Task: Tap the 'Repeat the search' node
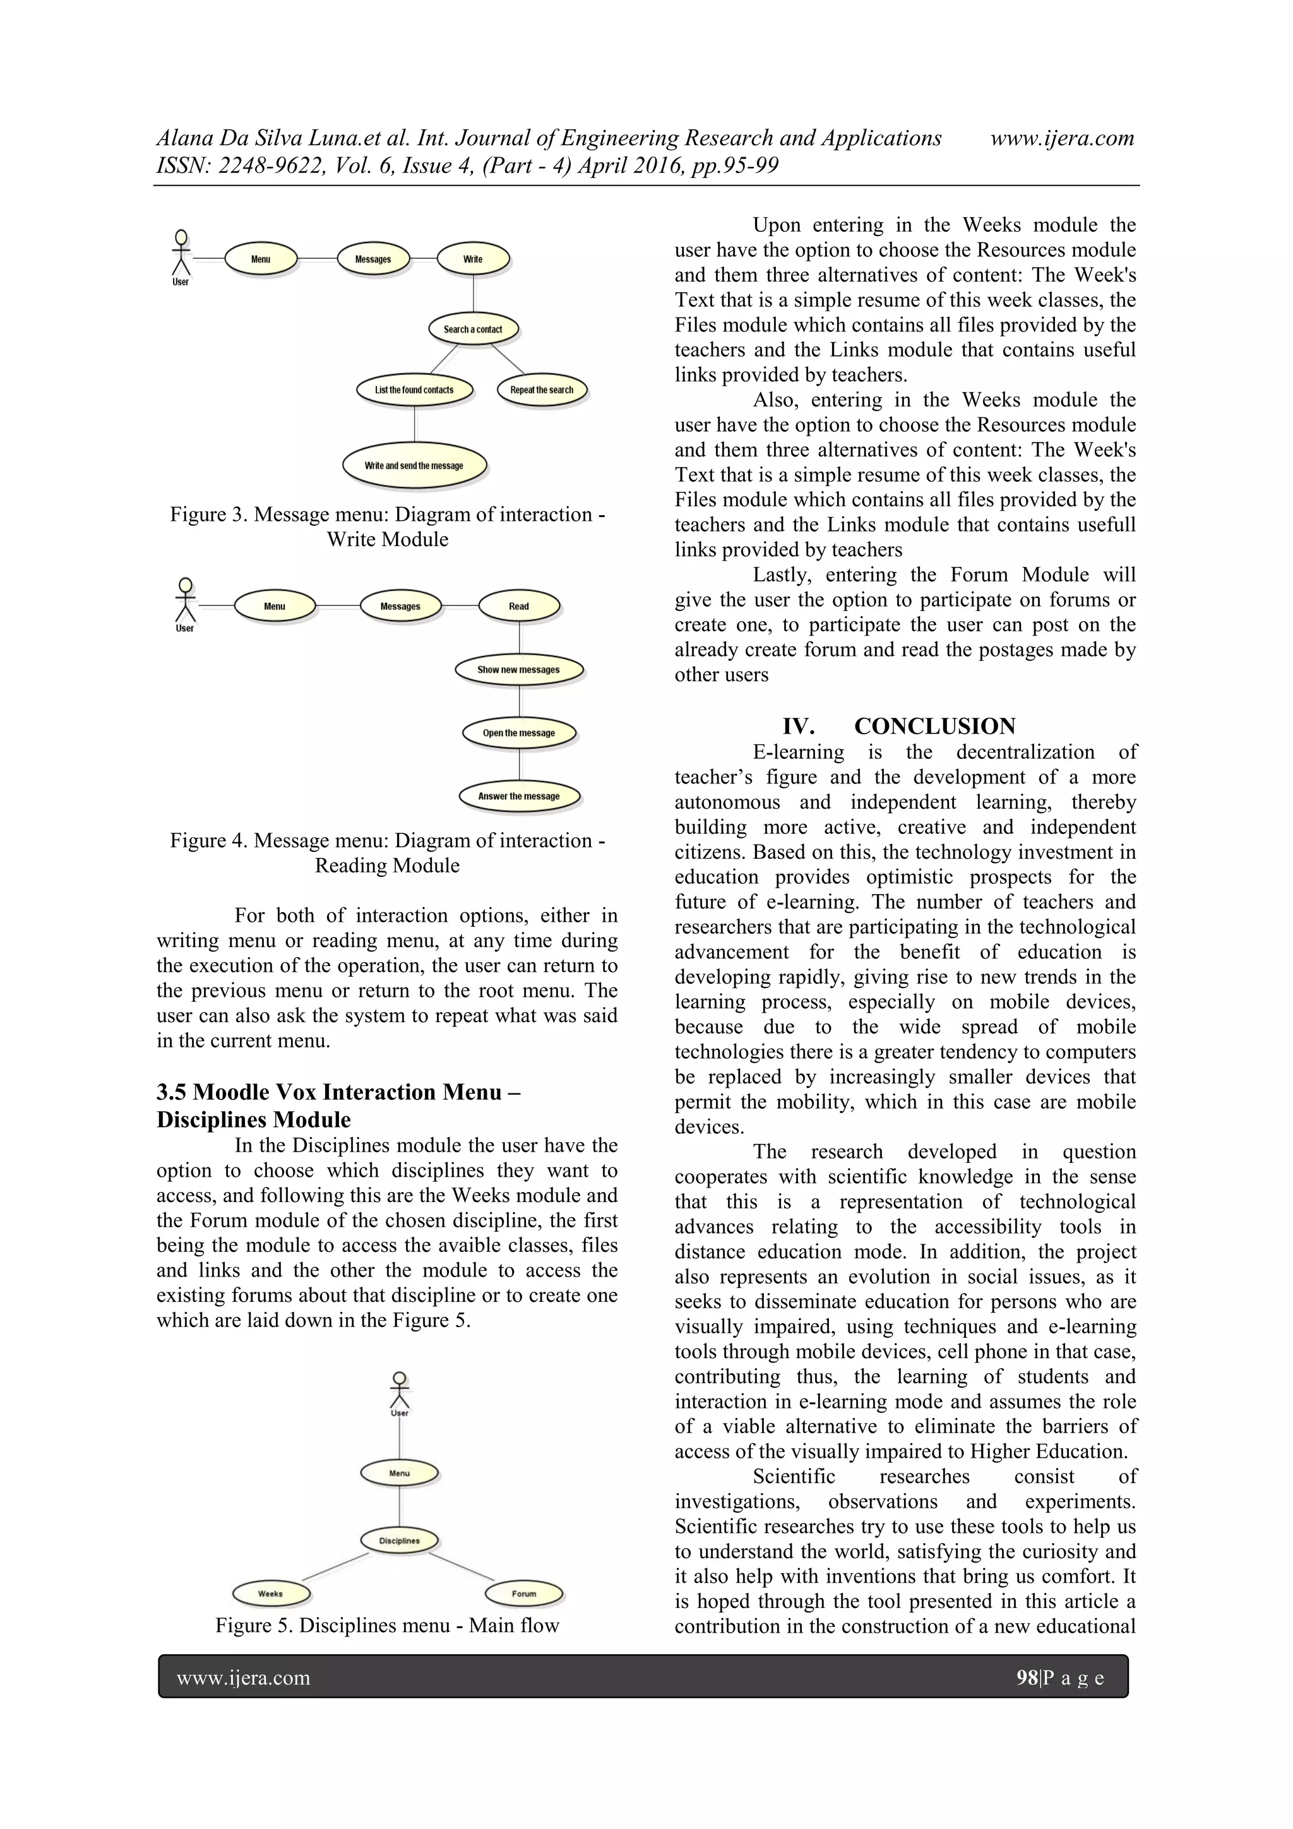click(x=541, y=390)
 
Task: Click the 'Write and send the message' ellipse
click(x=414, y=466)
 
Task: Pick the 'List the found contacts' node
click(x=414, y=390)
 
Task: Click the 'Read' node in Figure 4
click(x=518, y=606)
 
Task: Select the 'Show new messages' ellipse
click(x=518, y=670)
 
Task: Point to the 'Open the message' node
click(x=518, y=733)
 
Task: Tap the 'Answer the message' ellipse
click(x=518, y=795)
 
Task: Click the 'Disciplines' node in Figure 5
click(x=399, y=1540)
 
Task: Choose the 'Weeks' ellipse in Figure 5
click(x=270, y=1594)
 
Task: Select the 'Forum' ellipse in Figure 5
click(x=523, y=1594)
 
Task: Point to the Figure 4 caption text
click(x=387, y=853)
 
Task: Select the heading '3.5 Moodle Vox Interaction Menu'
click(x=338, y=1092)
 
